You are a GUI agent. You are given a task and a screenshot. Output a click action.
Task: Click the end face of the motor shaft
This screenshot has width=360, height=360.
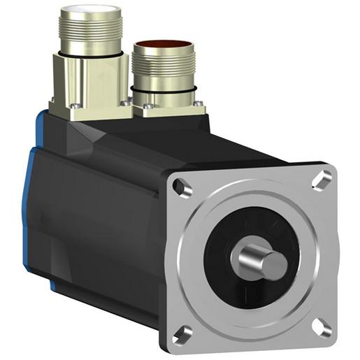275,264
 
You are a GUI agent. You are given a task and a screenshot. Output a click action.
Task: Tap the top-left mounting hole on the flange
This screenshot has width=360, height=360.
180,187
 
